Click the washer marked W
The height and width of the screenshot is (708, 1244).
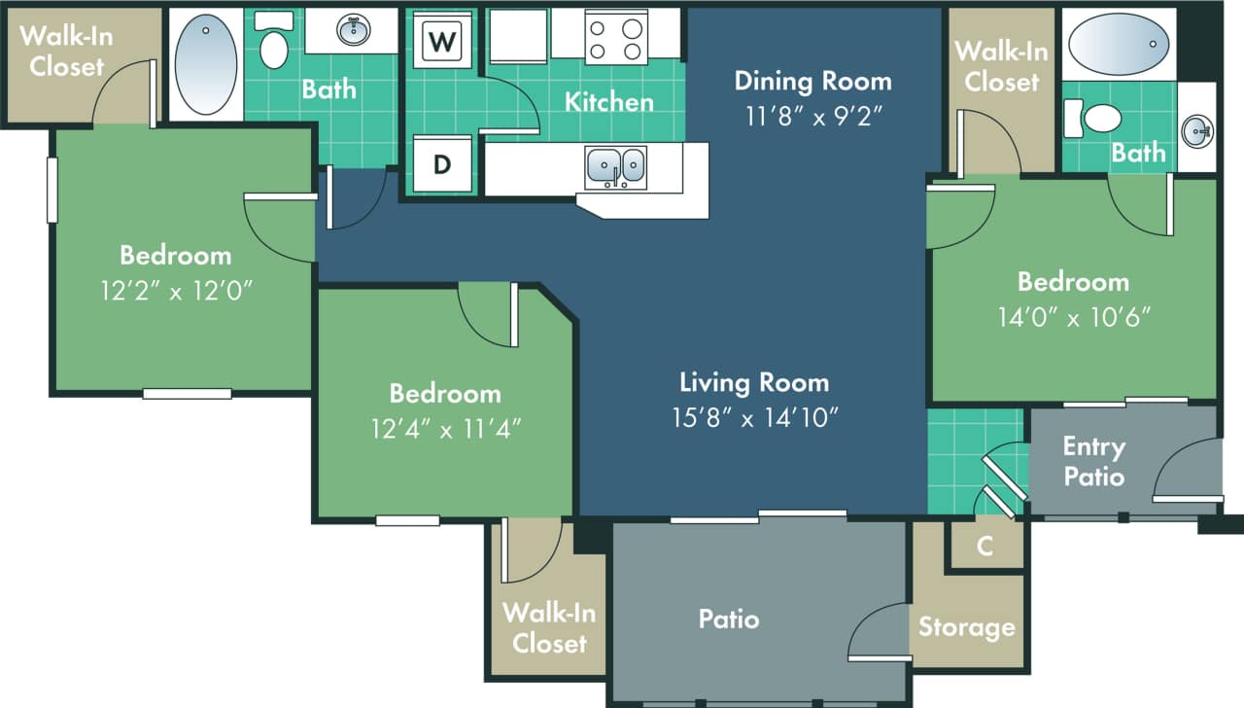(x=442, y=41)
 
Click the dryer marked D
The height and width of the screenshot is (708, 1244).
(x=442, y=163)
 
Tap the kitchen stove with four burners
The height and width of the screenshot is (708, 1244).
(x=616, y=37)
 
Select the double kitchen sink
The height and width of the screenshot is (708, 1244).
(x=615, y=166)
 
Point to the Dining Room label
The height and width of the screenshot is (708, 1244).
(x=812, y=80)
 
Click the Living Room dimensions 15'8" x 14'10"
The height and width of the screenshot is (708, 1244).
(x=754, y=417)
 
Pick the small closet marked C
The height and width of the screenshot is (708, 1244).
(x=985, y=546)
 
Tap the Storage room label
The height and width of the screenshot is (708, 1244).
(x=967, y=627)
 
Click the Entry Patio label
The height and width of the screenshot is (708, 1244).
(x=1093, y=461)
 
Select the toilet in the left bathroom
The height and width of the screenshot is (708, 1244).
(x=274, y=45)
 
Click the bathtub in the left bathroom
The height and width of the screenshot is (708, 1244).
(x=204, y=63)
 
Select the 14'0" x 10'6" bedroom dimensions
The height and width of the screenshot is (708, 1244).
(x=1073, y=317)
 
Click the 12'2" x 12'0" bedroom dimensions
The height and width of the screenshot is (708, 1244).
(x=176, y=291)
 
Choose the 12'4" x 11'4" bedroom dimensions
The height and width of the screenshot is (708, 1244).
(x=445, y=429)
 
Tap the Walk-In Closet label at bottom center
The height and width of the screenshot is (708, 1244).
(x=550, y=627)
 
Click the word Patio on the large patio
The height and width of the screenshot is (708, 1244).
(x=729, y=619)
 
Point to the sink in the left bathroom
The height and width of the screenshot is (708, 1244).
(x=352, y=31)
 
